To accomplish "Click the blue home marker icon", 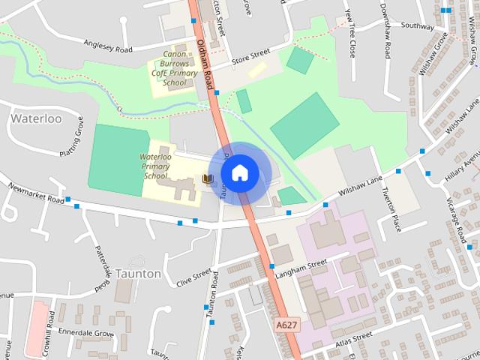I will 239,173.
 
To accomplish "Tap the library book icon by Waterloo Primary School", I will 208,178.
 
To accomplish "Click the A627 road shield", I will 286,325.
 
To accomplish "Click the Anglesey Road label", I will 108,46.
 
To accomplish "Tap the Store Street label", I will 250,55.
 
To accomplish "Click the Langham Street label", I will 302,265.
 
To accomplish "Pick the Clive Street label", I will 194,277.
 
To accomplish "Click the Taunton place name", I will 138,274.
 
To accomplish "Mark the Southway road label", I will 418,25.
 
